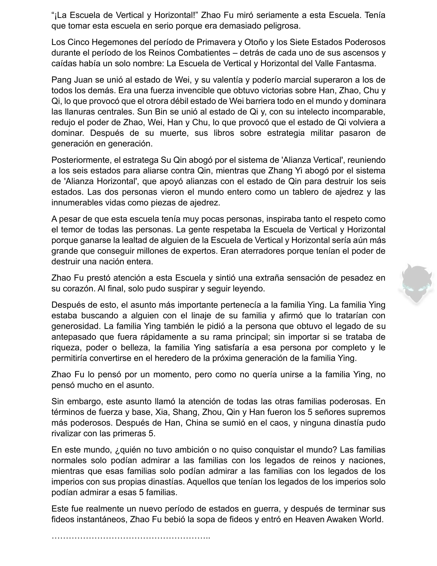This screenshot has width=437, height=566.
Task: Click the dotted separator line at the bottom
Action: (x=131, y=536)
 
